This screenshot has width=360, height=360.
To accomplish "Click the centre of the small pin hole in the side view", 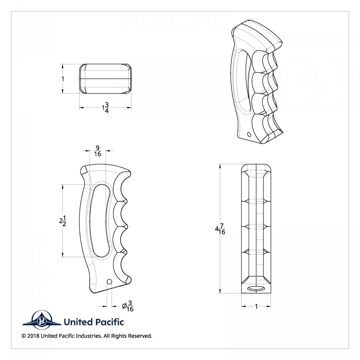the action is [x=109, y=287].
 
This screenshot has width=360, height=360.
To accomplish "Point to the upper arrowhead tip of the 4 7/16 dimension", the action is [x=220, y=164].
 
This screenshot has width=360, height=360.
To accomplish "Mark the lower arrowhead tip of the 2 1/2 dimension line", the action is [x=63, y=257].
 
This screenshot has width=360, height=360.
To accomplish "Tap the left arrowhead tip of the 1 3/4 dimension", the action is [x=79, y=107].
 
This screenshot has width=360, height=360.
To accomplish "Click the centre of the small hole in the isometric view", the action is [x=249, y=134].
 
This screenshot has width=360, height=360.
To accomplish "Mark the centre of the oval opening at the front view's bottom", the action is [x=256, y=289].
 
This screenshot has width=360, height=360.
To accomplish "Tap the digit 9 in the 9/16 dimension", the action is [x=97, y=148].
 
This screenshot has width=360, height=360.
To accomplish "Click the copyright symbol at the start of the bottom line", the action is [x=24, y=341].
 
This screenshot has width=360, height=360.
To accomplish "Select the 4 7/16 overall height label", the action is [x=220, y=229].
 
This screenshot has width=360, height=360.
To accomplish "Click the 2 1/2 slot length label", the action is [x=63, y=221].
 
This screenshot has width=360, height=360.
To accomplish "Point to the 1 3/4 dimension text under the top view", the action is [x=105, y=108].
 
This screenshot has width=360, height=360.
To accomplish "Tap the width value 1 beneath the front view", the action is [x=256, y=306].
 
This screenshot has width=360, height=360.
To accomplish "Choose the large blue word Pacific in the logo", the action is [x=110, y=322].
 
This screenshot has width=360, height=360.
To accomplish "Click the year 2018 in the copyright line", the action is [x=33, y=341].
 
